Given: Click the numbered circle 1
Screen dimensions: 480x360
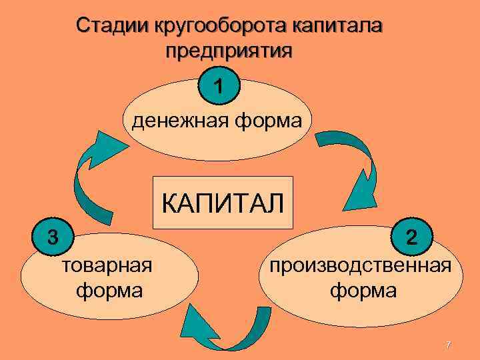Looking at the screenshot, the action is pos(219,87).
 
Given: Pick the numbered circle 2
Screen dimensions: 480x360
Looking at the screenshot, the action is pos(413,237).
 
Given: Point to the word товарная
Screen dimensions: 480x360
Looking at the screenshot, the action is pos(107,266).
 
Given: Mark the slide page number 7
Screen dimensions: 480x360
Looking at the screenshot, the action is pos(448,345).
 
